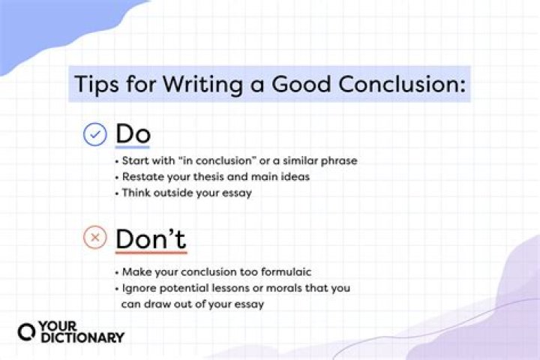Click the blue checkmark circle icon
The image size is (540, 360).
[x=94, y=134]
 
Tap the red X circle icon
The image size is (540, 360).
[x=94, y=239]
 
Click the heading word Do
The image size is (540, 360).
[x=133, y=134]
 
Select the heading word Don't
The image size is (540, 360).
[x=151, y=239]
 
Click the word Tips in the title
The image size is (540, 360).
[x=95, y=84]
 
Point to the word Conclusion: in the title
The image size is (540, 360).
[x=406, y=84]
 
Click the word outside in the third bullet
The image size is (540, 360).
[x=166, y=192]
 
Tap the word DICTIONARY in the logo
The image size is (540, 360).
[x=81, y=338]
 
